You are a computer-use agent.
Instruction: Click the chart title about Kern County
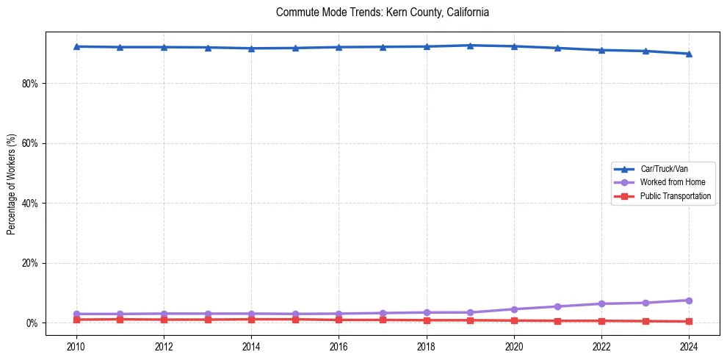(382, 12)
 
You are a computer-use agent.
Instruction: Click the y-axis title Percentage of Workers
(11, 183)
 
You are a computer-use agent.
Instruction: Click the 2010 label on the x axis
(76, 347)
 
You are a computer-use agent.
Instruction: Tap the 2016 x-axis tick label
(339, 347)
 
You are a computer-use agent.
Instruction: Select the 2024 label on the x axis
(689, 347)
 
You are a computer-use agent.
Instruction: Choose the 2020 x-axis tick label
(514, 347)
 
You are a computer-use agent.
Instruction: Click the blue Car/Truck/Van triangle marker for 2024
(689, 54)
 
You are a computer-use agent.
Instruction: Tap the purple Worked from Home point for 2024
(689, 300)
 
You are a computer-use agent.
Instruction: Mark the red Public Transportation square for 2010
(76, 320)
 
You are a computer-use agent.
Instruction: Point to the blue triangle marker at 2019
(470, 46)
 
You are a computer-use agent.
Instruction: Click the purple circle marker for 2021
(557, 306)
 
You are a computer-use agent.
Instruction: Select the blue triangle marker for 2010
(76, 46)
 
